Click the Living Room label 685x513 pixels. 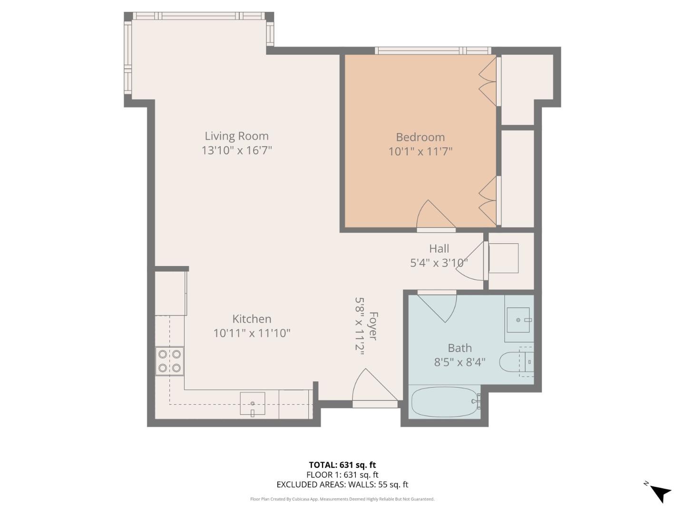tap(236, 136)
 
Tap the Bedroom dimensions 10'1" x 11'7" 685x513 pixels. tap(420, 152)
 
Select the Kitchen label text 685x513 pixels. tap(252, 319)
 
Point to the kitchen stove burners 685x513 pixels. tap(169, 361)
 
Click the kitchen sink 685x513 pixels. tap(252, 404)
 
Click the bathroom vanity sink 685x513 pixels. tap(519, 320)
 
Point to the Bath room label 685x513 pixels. tap(460, 348)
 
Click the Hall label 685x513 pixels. tap(439, 248)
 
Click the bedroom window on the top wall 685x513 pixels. tap(433, 50)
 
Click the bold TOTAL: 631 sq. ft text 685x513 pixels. tap(342, 465)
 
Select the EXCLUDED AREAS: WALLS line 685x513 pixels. tap(342, 484)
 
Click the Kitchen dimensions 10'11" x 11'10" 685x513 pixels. tap(252, 333)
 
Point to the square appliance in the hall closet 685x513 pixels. tap(503, 258)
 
